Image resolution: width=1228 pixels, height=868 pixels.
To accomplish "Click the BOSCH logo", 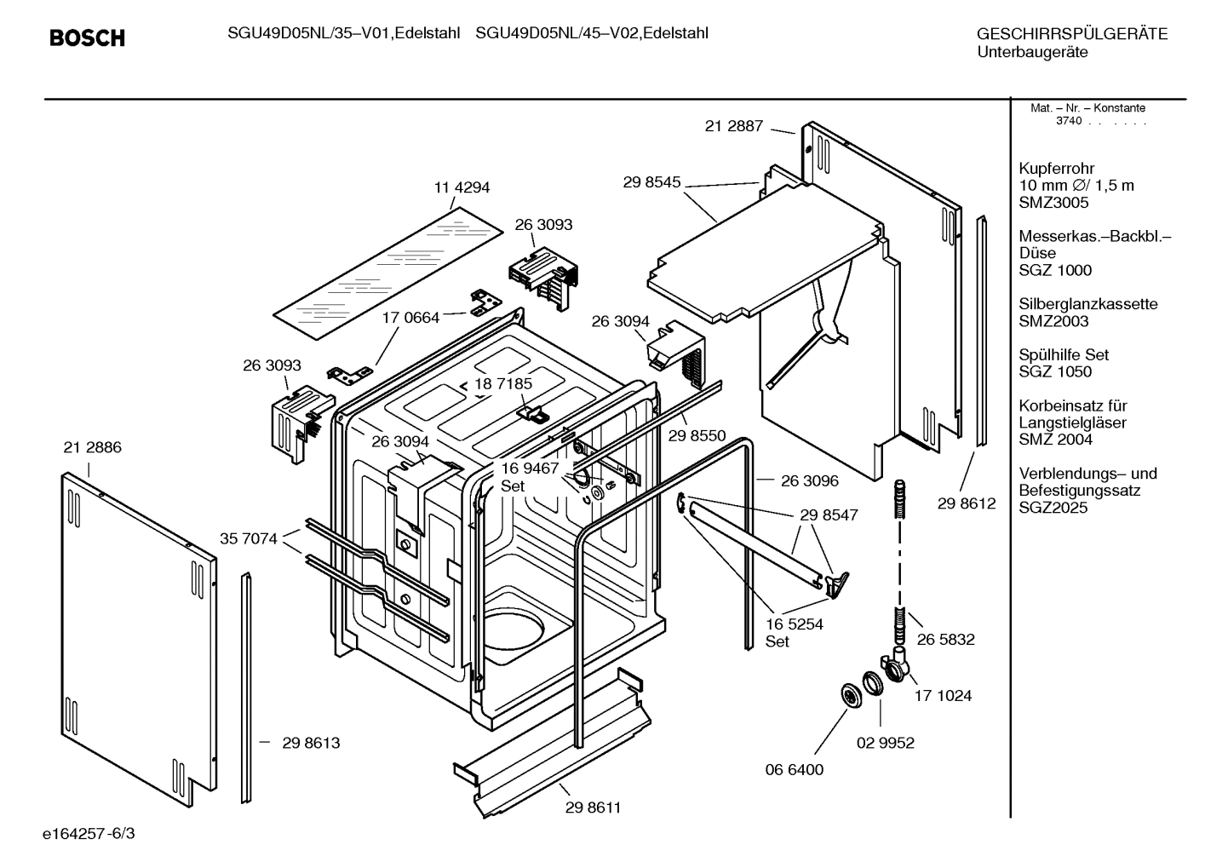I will click(x=87, y=37).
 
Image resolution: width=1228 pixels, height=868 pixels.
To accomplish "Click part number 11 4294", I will click(x=462, y=187).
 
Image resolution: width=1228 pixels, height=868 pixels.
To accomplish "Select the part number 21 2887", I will click(x=733, y=126).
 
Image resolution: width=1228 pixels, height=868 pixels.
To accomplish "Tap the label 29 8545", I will click(x=651, y=181).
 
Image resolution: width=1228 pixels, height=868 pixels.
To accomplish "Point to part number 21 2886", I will click(x=92, y=447).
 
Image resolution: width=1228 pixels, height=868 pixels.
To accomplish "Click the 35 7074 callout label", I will click(x=249, y=538).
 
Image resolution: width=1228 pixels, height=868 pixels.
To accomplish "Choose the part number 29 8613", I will click(x=311, y=743).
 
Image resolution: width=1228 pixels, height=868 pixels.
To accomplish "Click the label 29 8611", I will click(x=593, y=808).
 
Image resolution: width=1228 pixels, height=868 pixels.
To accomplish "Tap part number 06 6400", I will click(x=794, y=769).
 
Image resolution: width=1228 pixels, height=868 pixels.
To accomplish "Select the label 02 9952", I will click(x=885, y=743).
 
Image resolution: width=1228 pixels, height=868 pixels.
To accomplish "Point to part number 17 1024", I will click(x=943, y=695).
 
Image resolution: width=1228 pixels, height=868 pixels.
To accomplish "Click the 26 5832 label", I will click(x=945, y=639).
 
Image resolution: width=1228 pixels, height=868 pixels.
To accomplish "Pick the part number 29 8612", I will click(x=967, y=503).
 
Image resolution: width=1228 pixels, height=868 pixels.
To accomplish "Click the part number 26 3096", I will click(x=809, y=480).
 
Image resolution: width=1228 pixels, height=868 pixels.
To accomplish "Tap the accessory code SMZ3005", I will click(x=1053, y=203).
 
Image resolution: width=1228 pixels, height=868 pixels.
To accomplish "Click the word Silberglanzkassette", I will click(x=1087, y=304).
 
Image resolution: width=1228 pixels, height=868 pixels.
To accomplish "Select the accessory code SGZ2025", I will click(x=1053, y=508).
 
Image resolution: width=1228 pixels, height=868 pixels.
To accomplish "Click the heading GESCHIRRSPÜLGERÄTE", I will click(x=1071, y=34).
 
